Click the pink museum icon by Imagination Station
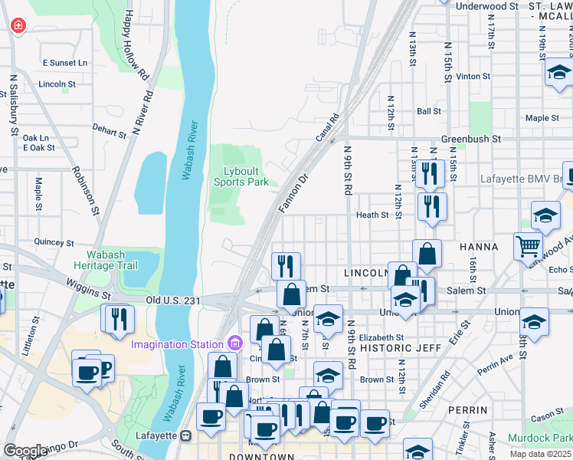[x=234, y=343]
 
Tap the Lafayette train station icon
[x=185, y=435]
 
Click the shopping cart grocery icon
[x=528, y=246]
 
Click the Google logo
[x=25, y=451]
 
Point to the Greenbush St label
[x=470, y=140]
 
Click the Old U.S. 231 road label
[x=173, y=300]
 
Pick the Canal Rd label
[x=327, y=129]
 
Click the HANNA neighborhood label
[x=479, y=248]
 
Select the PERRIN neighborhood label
[x=469, y=410]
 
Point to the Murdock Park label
[x=540, y=438]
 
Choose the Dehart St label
[x=109, y=133]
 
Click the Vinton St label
[x=473, y=77]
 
